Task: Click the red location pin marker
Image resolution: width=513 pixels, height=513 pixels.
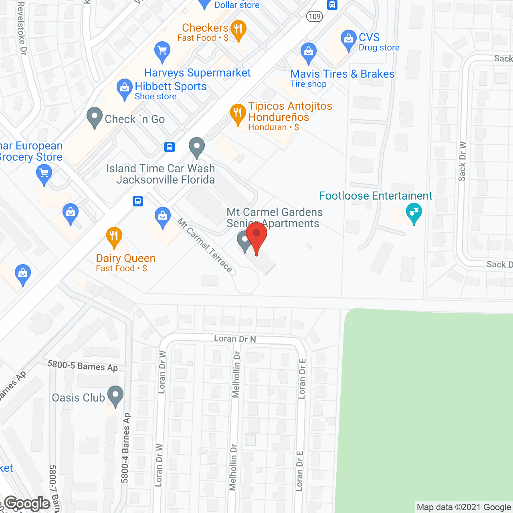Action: click(x=256, y=236)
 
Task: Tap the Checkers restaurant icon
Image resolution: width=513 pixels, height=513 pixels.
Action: click(x=238, y=29)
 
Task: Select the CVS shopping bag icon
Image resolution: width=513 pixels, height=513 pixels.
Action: click(x=348, y=39)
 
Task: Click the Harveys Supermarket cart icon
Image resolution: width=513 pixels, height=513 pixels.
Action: click(x=162, y=51)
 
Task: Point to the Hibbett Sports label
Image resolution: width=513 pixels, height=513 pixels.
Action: click(x=171, y=87)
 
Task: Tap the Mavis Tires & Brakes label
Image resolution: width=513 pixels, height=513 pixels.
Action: click(x=342, y=74)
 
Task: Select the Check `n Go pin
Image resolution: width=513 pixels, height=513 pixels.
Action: click(x=95, y=117)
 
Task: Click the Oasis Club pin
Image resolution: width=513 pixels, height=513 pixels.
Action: click(x=115, y=395)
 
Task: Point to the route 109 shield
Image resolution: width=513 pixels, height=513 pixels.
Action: click(x=315, y=16)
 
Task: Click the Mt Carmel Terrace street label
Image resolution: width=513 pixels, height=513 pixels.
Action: click(x=205, y=245)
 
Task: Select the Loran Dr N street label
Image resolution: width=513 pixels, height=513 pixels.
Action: click(x=235, y=339)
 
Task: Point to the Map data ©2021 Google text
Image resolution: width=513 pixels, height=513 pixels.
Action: click(x=464, y=507)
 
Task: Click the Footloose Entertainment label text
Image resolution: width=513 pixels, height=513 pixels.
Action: click(x=376, y=196)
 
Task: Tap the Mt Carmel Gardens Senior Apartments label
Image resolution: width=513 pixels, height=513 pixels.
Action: click(x=275, y=218)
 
